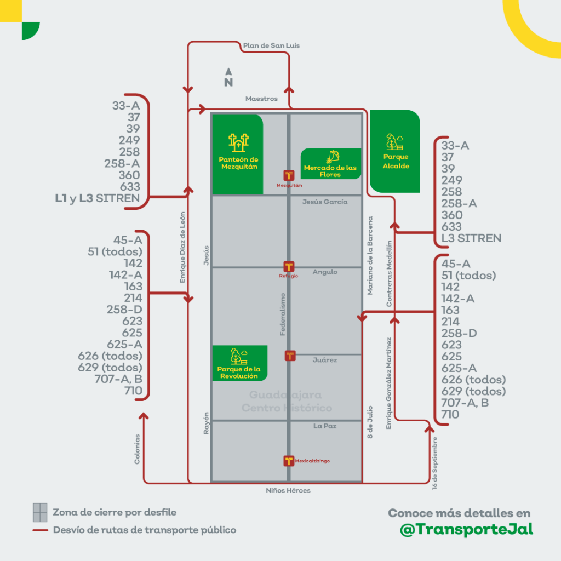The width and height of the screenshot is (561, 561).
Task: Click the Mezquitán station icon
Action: pos(289,175)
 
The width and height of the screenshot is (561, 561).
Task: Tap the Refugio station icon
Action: pos(289,267)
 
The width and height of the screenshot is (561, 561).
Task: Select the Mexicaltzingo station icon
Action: pos(289,461)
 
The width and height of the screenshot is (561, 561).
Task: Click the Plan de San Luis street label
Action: pos(271,45)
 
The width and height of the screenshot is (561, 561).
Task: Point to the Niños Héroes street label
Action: pos(288,490)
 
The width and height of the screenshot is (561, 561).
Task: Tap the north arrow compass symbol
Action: pos(228,78)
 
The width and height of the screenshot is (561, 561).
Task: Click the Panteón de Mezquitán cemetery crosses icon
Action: pos(239,143)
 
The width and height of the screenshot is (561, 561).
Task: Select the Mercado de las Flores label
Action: pos(330,171)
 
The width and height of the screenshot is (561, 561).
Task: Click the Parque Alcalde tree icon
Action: pos(394,142)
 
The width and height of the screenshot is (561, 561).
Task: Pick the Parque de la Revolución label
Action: pos(239,373)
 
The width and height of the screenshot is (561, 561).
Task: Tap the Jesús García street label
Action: pos(325,202)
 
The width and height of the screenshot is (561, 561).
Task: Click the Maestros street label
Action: pos(261,99)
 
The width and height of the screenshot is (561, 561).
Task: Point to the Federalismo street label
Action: pos(283,314)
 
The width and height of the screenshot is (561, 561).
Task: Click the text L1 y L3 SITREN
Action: pos(98,198)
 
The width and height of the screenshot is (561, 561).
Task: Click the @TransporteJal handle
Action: pos(467,530)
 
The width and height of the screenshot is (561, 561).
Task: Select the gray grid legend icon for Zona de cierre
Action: pos(39,512)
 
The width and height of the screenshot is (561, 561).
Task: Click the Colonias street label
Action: pos(137,449)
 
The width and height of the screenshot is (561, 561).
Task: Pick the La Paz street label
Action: pos(325,426)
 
